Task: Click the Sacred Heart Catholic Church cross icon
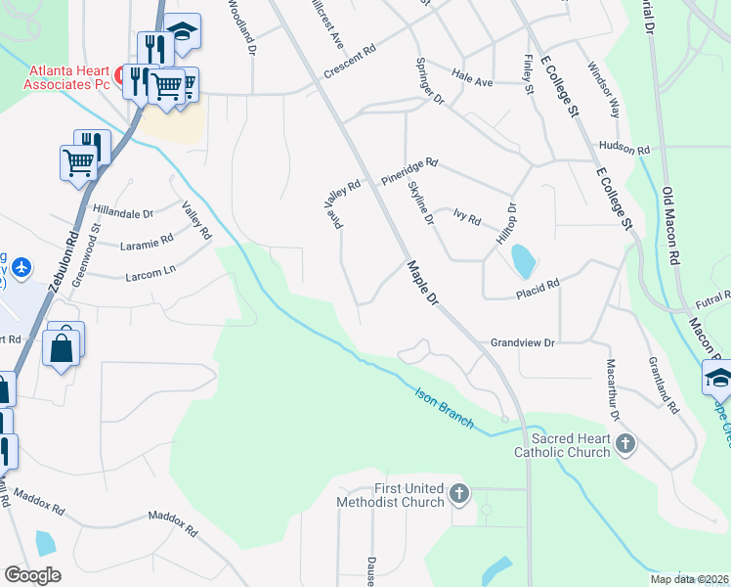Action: pyautogui.click(x=626, y=445)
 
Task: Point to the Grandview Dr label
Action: pyautogui.click(x=522, y=343)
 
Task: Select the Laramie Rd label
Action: pyautogui.click(x=146, y=239)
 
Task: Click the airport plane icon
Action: pyautogui.click(x=21, y=266)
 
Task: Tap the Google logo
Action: pyautogui.click(x=32, y=575)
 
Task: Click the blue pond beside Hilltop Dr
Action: pyautogui.click(x=524, y=260)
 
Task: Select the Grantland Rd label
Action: pyautogui.click(x=663, y=385)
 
